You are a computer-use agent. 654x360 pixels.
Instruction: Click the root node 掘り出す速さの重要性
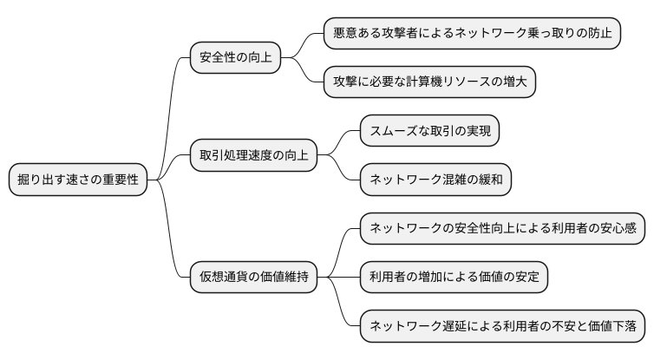[77, 180]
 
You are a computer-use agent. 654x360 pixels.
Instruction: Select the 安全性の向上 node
[236, 58]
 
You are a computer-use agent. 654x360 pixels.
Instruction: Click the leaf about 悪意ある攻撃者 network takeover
[472, 34]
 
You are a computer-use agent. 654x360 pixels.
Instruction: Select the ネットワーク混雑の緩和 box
[435, 180]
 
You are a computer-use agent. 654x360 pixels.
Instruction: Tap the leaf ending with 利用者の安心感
[503, 228]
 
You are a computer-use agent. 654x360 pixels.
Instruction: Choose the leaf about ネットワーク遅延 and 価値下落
[503, 326]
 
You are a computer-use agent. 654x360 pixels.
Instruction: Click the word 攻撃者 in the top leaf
[411, 34]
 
